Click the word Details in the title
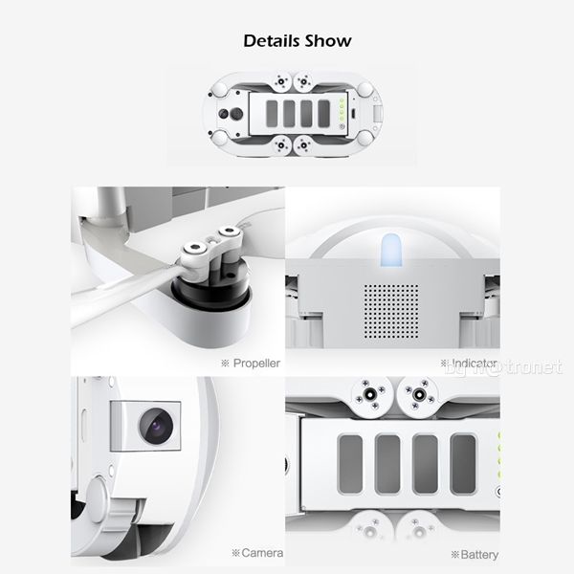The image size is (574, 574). point(271,41)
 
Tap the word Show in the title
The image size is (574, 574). point(328,41)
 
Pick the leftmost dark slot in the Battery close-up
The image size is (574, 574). point(350,463)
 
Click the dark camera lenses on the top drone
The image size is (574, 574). point(228,115)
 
